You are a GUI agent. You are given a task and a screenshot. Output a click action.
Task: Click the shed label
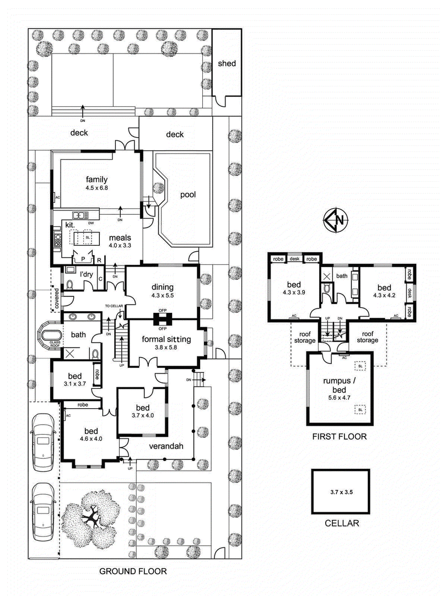click(x=227, y=63)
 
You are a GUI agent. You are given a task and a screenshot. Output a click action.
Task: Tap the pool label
click(x=187, y=194)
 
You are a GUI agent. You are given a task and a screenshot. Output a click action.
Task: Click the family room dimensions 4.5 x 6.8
click(x=96, y=188)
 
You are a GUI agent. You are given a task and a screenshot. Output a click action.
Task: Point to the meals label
click(x=120, y=237)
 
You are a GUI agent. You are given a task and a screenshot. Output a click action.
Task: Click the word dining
click(x=162, y=287)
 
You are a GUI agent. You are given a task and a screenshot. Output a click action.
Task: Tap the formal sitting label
click(x=166, y=339)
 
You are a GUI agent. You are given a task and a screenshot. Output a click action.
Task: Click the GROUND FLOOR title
click(x=132, y=571)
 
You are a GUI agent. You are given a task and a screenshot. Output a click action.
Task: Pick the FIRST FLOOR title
click(x=338, y=436)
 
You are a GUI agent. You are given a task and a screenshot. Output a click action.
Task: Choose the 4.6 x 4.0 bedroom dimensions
click(x=90, y=438)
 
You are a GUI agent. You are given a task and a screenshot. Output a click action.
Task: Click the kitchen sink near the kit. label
click(x=80, y=215)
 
